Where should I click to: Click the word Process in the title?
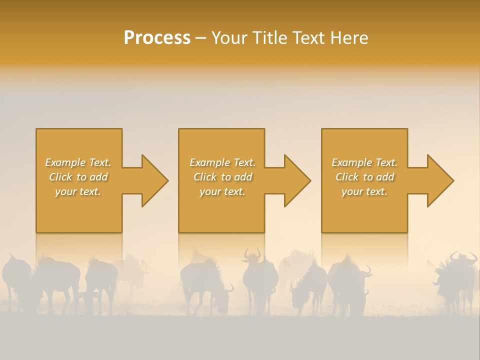[157, 38]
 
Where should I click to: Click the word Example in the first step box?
[65, 162]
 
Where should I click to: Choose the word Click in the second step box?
[204, 177]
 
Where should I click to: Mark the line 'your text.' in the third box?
[364, 191]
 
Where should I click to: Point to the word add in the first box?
[98, 177]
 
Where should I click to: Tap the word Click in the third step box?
[346, 177]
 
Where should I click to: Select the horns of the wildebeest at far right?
[463, 258]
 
